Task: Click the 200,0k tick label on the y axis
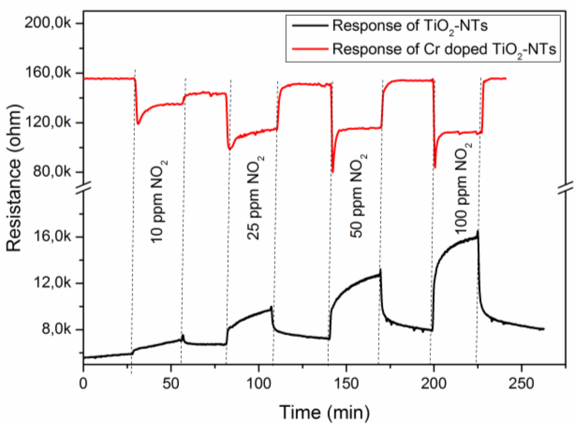pyautogui.click(x=48, y=23)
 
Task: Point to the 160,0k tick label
pyautogui.click(x=48, y=73)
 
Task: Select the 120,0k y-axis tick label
pyautogui.click(x=48, y=122)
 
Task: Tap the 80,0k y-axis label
pyautogui.click(x=51, y=172)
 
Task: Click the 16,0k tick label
pyautogui.click(x=51, y=237)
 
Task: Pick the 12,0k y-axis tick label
pyautogui.click(x=51, y=283)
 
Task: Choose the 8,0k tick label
pyautogui.click(x=56, y=330)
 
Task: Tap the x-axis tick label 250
pyautogui.click(x=521, y=383)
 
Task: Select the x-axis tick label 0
pyautogui.click(x=83, y=383)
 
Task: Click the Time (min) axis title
pyautogui.click(x=324, y=412)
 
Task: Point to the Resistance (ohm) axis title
pyautogui.click(x=14, y=178)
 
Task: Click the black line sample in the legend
pyautogui.click(x=310, y=25)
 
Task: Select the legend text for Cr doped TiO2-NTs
pyautogui.click(x=444, y=49)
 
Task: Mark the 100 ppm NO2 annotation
pyautogui.click(x=463, y=188)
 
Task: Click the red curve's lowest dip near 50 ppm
pyautogui.click(x=333, y=172)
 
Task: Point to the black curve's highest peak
pyautogui.click(x=478, y=231)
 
